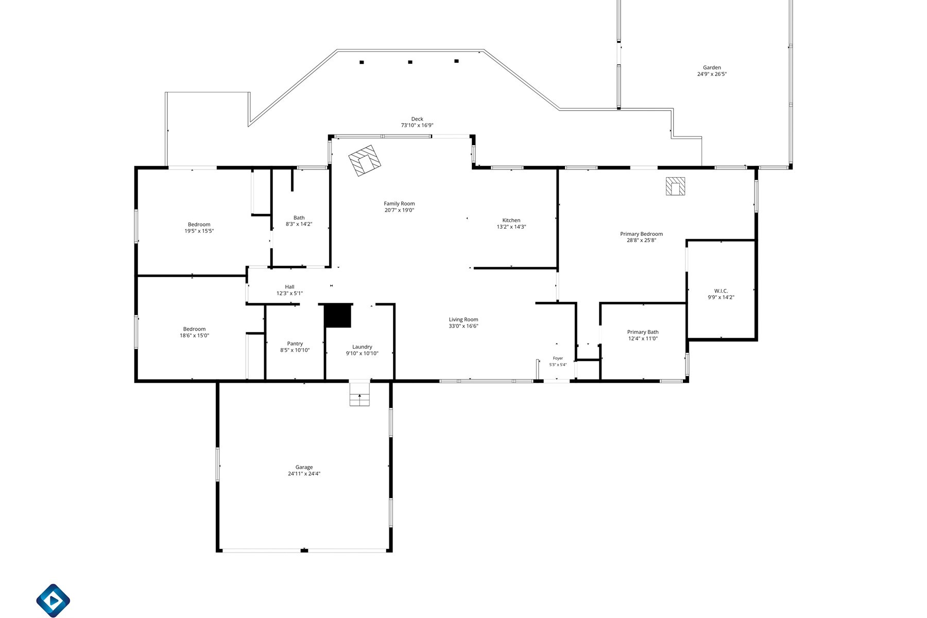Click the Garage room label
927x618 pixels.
coord(304,468)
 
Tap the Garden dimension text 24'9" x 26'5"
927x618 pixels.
coord(712,74)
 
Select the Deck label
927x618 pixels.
coord(417,119)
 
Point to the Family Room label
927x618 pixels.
coord(399,204)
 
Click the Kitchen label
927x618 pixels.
coord(511,220)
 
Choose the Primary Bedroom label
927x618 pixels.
coord(641,234)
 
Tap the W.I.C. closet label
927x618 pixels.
coord(721,291)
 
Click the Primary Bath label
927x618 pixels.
coord(643,332)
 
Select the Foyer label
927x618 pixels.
coord(558,358)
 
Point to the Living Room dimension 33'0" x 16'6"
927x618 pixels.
coord(463,326)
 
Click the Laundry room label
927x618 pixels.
coord(362,347)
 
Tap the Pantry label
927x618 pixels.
coord(295,344)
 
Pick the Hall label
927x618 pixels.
coord(289,287)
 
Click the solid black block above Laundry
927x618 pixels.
coord(337,316)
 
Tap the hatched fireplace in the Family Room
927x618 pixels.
coord(365,161)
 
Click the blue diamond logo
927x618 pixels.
coord(53,600)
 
